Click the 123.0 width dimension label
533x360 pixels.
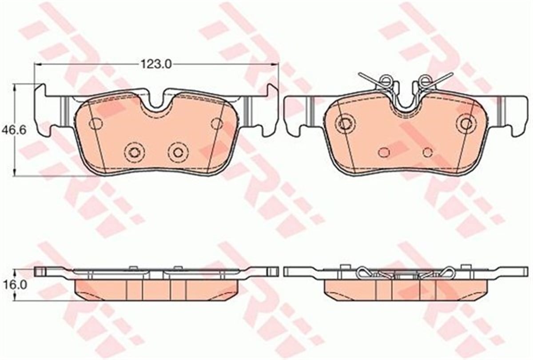tap(156, 64)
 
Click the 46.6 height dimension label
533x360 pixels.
tap(14, 131)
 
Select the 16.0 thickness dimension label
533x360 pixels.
tap(14, 285)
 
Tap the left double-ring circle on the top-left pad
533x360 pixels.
tap(135, 152)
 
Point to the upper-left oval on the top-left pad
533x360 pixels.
tap(95, 124)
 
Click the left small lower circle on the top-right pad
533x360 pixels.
tap(384, 152)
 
